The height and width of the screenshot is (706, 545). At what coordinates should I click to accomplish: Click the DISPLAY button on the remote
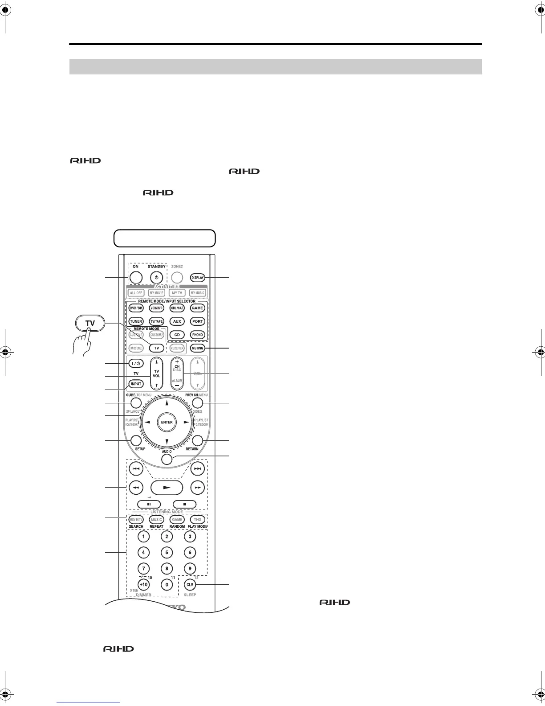click(x=197, y=278)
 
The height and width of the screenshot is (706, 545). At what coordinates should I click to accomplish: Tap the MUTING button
click(x=197, y=348)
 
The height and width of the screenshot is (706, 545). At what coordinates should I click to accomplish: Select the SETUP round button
click(x=136, y=441)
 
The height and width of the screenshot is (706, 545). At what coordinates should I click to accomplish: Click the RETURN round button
click(x=198, y=441)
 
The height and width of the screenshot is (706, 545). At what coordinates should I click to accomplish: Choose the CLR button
click(x=190, y=584)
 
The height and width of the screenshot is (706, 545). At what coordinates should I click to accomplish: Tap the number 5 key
click(x=167, y=553)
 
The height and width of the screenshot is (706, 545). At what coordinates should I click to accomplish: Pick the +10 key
click(x=143, y=584)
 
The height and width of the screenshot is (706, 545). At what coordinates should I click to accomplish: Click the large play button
click(x=167, y=488)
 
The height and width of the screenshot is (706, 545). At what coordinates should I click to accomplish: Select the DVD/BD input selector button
click(x=136, y=308)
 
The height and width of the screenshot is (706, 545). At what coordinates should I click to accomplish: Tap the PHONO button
click(x=197, y=335)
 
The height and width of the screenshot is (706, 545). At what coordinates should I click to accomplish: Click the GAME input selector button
click(x=197, y=308)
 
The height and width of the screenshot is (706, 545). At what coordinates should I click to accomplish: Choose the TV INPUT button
click(x=136, y=384)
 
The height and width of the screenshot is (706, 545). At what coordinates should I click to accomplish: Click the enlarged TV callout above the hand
click(x=90, y=323)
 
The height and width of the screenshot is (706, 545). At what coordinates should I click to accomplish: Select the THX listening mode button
click(x=197, y=520)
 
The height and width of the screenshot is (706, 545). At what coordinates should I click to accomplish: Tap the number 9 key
click(x=190, y=569)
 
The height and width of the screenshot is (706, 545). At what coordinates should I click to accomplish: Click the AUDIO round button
click(x=167, y=459)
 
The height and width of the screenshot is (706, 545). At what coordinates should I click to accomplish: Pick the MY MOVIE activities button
click(x=156, y=293)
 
